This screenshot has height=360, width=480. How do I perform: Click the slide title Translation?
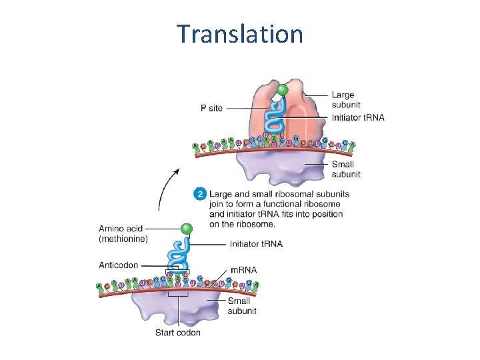[x=240, y=33]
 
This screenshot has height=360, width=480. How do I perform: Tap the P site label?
[x=212, y=108]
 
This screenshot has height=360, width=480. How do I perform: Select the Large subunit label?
[x=343, y=99]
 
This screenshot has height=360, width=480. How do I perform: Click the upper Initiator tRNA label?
[x=358, y=118]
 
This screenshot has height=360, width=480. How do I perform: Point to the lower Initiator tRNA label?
[x=256, y=244]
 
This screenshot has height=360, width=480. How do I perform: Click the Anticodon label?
[x=119, y=265]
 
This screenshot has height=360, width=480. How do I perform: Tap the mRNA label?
[x=243, y=270]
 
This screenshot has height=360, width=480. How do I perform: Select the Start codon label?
[x=178, y=332]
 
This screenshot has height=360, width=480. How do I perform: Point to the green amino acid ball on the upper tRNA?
[x=283, y=89]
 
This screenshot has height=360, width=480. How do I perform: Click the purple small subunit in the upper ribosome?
[x=280, y=167]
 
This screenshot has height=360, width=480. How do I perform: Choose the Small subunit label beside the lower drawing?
[x=242, y=306]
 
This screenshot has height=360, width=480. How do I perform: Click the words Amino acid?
[x=121, y=229]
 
